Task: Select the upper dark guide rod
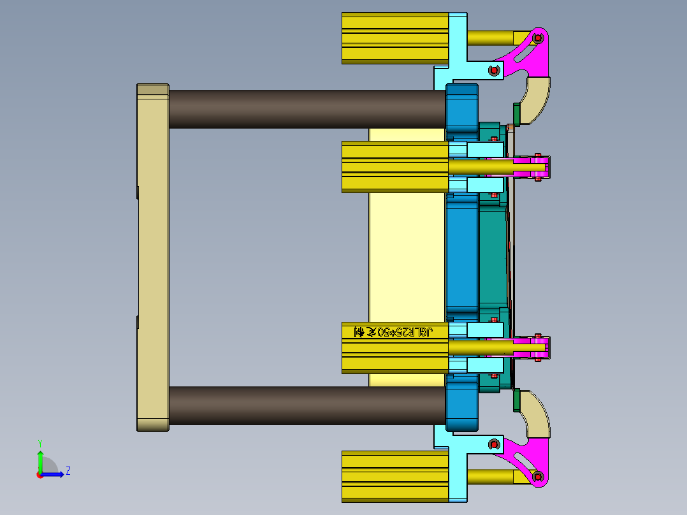(306, 108)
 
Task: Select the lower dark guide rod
(306, 405)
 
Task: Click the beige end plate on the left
(152, 255)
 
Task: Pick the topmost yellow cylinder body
(395, 38)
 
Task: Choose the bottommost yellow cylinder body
(395, 476)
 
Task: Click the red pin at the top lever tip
(538, 38)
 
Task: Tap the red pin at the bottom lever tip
(538, 476)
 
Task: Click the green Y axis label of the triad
(40, 442)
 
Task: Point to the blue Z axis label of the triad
(68, 471)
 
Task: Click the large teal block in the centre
(492, 255)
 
